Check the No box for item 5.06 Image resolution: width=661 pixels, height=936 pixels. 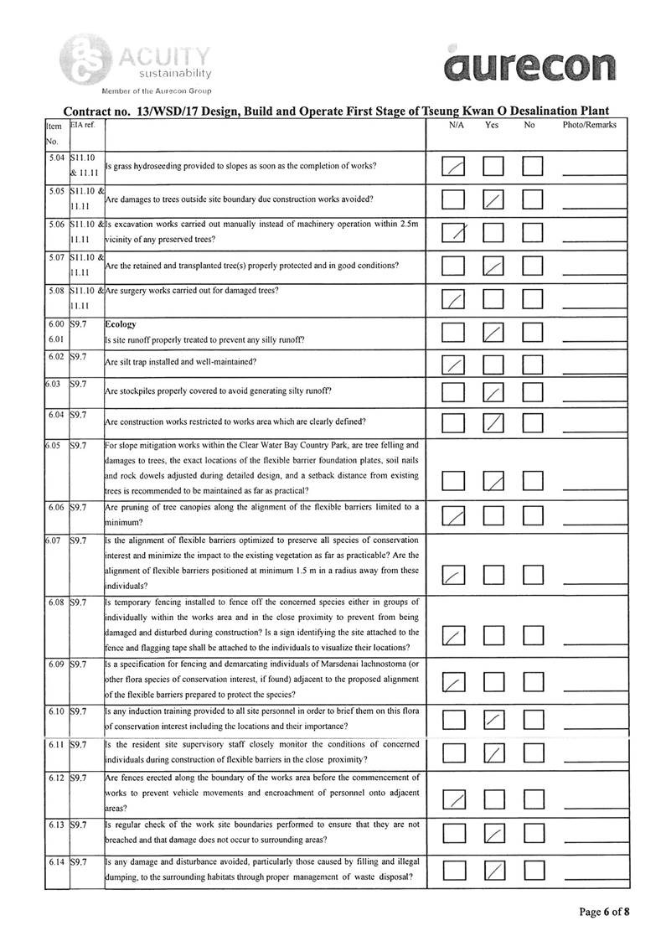click(533, 232)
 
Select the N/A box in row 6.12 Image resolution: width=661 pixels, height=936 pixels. click(453, 800)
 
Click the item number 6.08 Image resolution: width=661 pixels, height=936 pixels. click(57, 602)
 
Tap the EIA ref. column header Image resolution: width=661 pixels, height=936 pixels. click(83, 125)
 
